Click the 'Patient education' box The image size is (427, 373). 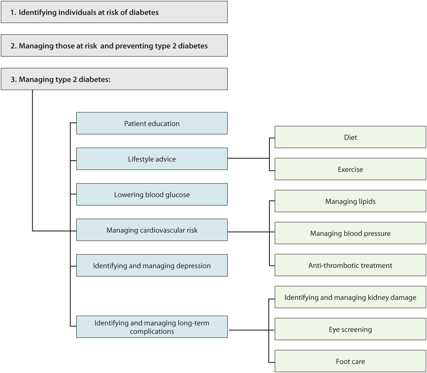[152, 123]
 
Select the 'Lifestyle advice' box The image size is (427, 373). [152, 159]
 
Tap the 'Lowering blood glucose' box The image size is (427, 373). [152, 194]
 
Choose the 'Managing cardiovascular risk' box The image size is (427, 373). [152, 230]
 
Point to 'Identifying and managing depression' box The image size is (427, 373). [152, 266]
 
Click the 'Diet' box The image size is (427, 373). [350, 137]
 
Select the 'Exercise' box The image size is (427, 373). [350, 169]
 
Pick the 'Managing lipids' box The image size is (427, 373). [350, 201]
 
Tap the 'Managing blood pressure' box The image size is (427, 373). [350, 233]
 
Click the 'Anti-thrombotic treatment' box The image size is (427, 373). [350, 265]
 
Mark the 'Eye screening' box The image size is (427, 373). [350, 330]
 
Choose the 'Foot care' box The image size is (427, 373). [350, 361]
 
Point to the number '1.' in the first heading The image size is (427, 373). [13, 13]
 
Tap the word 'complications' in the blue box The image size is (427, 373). [152, 331]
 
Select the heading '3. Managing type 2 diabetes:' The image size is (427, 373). [60, 79]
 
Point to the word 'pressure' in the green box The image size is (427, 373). [377, 234]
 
